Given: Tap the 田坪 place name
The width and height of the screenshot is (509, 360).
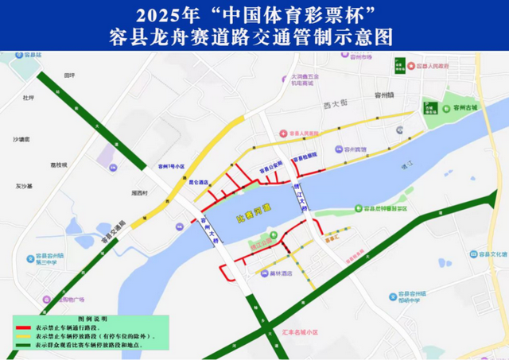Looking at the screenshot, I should pyautogui.click(x=69, y=75).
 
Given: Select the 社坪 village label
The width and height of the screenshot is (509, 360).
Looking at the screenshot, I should pyautogui.click(x=29, y=98).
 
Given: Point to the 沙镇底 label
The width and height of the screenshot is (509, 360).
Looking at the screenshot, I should pyautogui.click(x=21, y=139).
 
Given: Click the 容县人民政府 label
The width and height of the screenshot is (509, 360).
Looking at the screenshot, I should pyautogui.click(x=433, y=67).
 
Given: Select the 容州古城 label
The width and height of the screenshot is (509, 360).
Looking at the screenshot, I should pyautogui.click(x=462, y=107).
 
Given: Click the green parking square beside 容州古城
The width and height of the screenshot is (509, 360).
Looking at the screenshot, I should pyautogui.click(x=431, y=109).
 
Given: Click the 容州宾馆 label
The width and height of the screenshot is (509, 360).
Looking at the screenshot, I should pyautogui.click(x=355, y=149).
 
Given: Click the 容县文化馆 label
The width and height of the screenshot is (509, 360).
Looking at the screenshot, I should pyautogui.click(x=491, y=254).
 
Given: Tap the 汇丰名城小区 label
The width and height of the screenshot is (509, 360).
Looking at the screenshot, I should pyautogui.click(x=305, y=331).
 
